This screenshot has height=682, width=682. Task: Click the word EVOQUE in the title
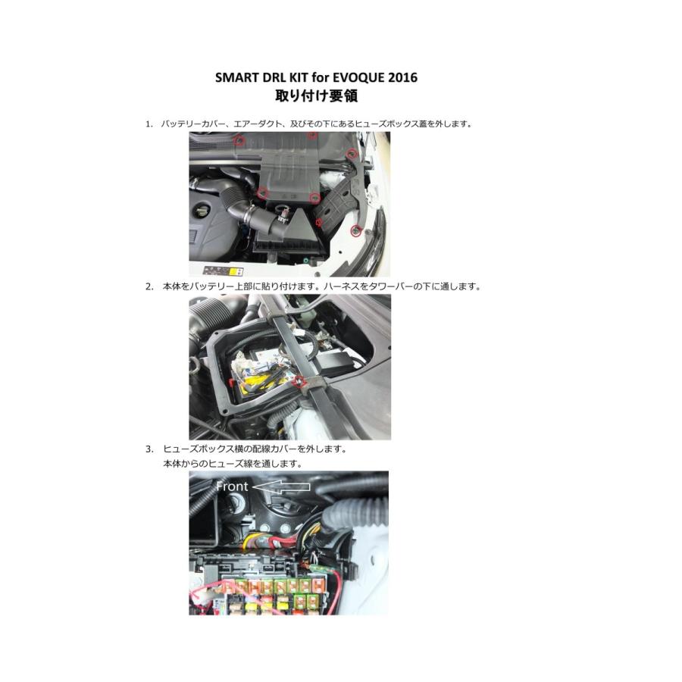click(x=358, y=77)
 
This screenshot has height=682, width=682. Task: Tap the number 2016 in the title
click(x=402, y=77)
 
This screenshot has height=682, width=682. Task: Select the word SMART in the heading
click(x=236, y=77)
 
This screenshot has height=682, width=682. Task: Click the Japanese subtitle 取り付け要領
click(x=316, y=95)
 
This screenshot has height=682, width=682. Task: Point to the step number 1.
click(x=149, y=124)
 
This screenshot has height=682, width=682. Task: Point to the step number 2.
click(x=149, y=286)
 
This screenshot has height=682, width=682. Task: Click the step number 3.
click(x=149, y=449)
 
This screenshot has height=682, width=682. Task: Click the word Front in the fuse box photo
click(x=232, y=486)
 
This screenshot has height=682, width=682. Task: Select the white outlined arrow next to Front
click(x=281, y=487)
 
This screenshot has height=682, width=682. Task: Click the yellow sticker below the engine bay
click(x=236, y=272)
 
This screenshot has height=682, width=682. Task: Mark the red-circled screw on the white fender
click(x=356, y=231)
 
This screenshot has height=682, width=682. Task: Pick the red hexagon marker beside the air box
click(x=319, y=223)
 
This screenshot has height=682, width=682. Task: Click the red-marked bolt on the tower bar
click(x=299, y=382)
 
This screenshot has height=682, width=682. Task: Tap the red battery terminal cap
click(x=233, y=383)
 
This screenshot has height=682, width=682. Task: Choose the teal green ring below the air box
click(x=308, y=260)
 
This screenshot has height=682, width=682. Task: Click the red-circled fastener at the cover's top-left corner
click(x=239, y=140)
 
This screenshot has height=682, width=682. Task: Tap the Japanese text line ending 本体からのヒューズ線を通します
click(x=233, y=464)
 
